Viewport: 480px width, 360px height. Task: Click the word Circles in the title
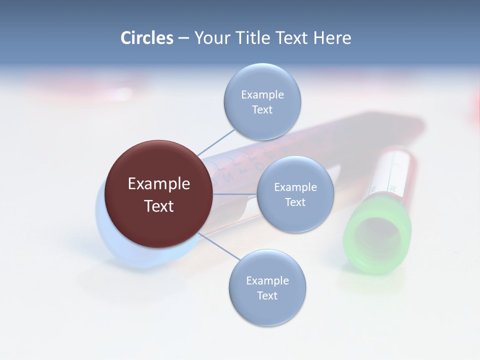[x=146, y=38]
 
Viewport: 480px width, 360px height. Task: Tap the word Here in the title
[x=332, y=38]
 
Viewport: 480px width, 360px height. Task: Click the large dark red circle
[x=159, y=194]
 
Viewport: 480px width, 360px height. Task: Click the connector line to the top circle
[x=216, y=142]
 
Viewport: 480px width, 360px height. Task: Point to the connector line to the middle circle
[x=235, y=194]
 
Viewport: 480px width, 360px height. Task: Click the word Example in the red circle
[x=159, y=183]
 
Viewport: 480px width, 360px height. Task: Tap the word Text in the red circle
[x=159, y=206]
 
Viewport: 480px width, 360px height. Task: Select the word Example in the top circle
[x=262, y=95]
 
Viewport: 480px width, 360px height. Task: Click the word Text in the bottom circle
[x=267, y=295]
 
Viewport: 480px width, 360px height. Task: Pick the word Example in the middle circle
[x=295, y=187]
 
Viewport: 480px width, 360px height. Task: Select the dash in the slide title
[x=183, y=38]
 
